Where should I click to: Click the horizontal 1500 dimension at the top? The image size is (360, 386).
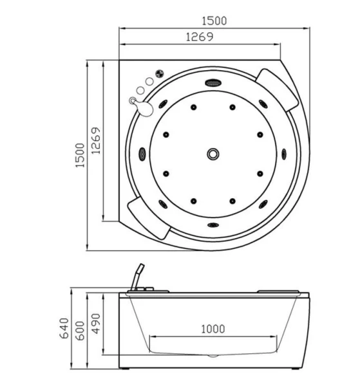214,21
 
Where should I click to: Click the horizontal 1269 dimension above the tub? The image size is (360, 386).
200,37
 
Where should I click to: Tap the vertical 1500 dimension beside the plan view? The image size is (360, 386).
80,155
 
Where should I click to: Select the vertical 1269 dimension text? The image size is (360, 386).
96,140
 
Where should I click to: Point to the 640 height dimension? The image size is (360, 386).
64,328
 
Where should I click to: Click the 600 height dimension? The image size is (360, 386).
80,331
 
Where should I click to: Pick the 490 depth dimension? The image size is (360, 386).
96,324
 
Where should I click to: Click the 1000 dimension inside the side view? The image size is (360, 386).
213,329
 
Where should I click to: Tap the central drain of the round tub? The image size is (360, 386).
213,154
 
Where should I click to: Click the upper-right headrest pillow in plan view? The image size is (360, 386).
276,90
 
